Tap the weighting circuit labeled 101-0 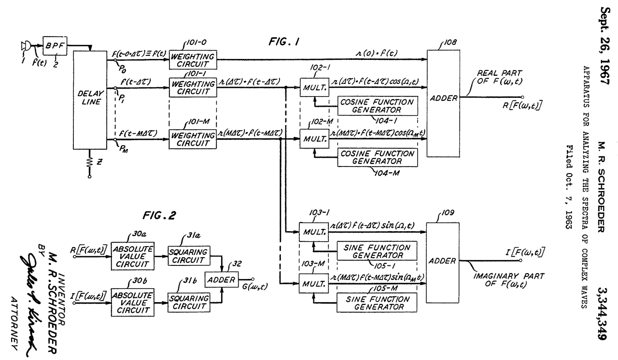pos(193,60)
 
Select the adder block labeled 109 pos(442,261)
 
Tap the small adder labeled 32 pos(220,280)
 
